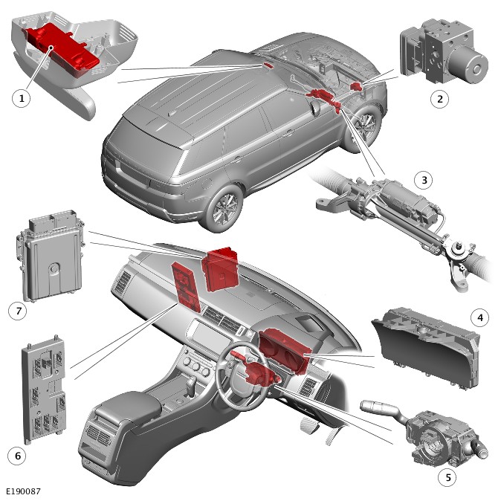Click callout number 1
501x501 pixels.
(x=22, y=98)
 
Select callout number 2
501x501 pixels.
(x=439, y=99)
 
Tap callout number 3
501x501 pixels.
(x=424, y=180)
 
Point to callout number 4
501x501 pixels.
(x=480, y=317)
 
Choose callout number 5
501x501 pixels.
(x=447, y=477)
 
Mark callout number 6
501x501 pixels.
(x=18, y=456)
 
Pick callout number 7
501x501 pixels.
(x=19, y=311)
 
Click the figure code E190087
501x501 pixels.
(x=23, y=491)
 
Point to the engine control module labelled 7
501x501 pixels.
(x=52, y=255)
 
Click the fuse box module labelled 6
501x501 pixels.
(x=44, y=389)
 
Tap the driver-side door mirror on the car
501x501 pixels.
(x=314, y=107)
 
